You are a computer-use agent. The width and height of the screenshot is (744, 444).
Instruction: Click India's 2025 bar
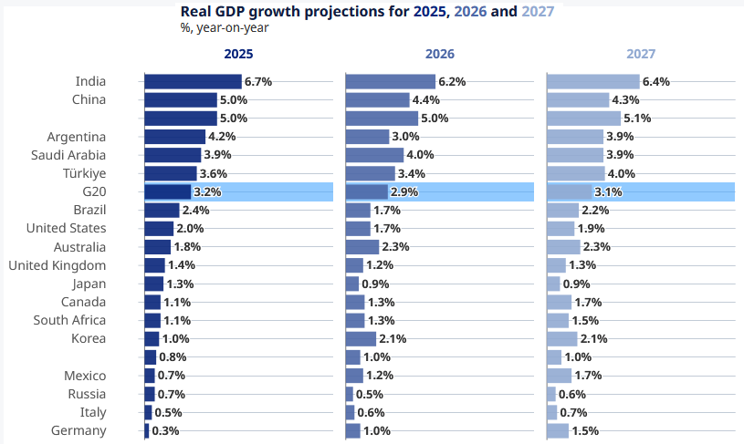click(193, 81)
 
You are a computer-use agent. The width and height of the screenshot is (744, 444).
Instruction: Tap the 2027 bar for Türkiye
click(576, 173)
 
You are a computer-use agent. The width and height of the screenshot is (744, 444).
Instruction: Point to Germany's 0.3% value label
click(165, 431)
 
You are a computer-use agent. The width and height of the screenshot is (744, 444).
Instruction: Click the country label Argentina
click(77, 137)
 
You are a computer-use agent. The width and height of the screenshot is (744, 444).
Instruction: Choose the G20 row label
click(94, 191)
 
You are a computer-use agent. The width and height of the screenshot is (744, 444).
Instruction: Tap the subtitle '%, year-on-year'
click(225, 27)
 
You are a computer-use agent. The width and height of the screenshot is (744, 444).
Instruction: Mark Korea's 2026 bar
click(361, 339)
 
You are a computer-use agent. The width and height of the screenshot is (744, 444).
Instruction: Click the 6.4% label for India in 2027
click(656, 81)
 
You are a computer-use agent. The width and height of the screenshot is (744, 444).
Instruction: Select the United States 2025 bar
click(159, 229)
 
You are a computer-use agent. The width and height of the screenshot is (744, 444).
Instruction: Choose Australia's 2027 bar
click(563, 247)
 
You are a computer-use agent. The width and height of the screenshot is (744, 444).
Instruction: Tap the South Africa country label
click(69, 320)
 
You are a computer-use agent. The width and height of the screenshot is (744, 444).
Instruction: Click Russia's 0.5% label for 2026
click(370, 395)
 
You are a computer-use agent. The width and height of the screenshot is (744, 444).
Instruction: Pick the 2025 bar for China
click(181, 99)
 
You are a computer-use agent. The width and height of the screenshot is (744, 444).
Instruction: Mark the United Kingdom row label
click(58, 265)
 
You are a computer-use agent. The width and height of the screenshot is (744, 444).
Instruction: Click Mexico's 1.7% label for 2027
click(589, 376)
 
